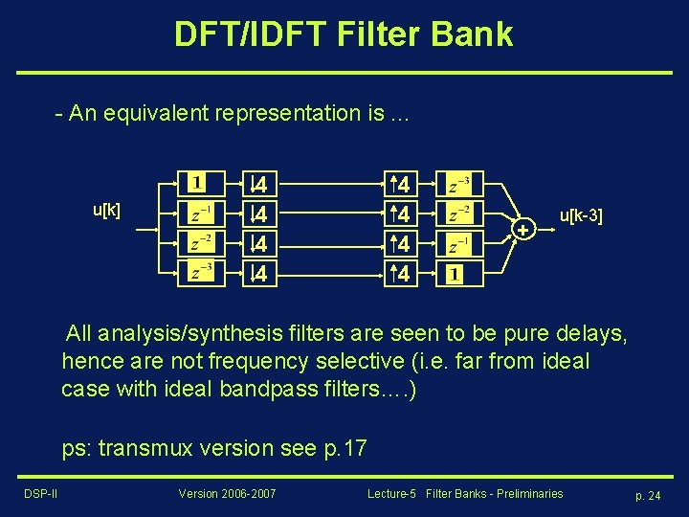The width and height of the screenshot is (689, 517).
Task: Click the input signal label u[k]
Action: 106,210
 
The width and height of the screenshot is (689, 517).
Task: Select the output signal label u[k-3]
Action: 581,217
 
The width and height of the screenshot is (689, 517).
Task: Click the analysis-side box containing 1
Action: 198,182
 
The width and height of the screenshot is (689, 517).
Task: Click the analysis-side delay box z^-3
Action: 201,275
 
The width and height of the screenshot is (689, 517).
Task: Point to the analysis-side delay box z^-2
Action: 201,244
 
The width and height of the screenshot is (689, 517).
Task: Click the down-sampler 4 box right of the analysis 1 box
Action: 258,182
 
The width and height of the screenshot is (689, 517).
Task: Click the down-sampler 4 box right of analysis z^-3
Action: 258,275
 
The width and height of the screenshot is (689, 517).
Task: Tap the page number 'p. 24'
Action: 648,495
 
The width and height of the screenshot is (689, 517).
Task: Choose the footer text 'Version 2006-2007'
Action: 227,494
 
